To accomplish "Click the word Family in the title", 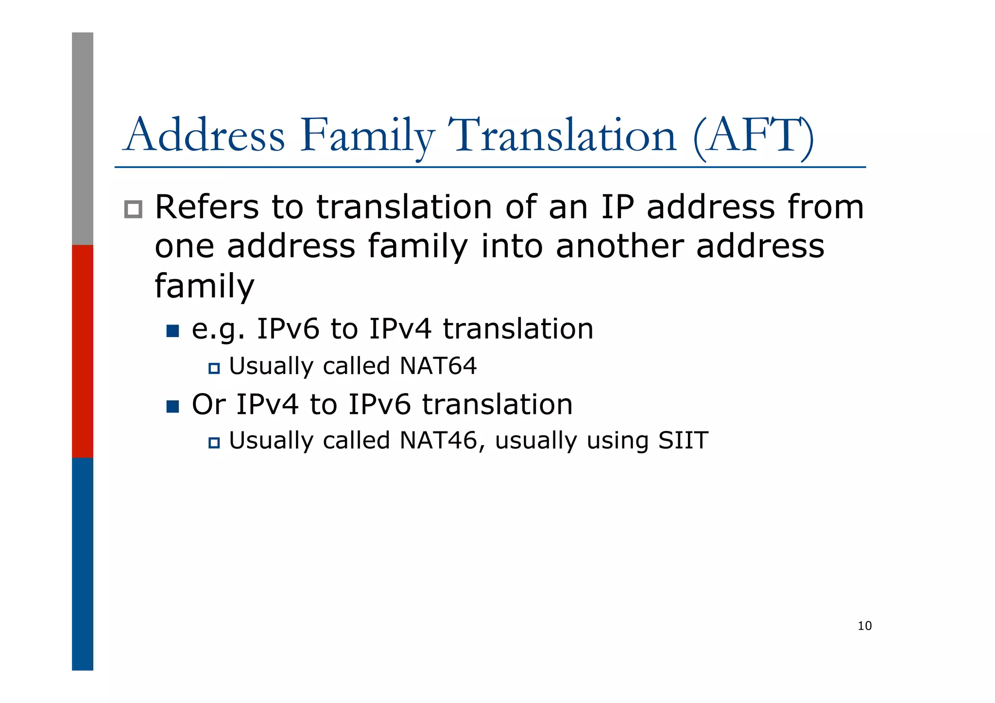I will (367, 136).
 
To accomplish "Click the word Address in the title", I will (205, 136).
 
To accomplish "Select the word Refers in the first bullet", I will (207, 207).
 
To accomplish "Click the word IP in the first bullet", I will (618, 207).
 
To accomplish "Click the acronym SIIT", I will (683, 441).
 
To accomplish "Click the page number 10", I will (864, 626).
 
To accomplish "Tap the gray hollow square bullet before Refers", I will (133, 209).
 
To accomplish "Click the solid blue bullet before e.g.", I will (172, 331).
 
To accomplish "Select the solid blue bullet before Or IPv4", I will (172, 406).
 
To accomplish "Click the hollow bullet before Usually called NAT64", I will (214, 368).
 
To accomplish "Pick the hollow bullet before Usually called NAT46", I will (214, 443).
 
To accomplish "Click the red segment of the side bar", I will (83, 351).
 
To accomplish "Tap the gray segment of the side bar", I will (83, 138).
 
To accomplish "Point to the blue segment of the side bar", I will (83, 564).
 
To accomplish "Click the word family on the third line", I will (204, 287).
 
